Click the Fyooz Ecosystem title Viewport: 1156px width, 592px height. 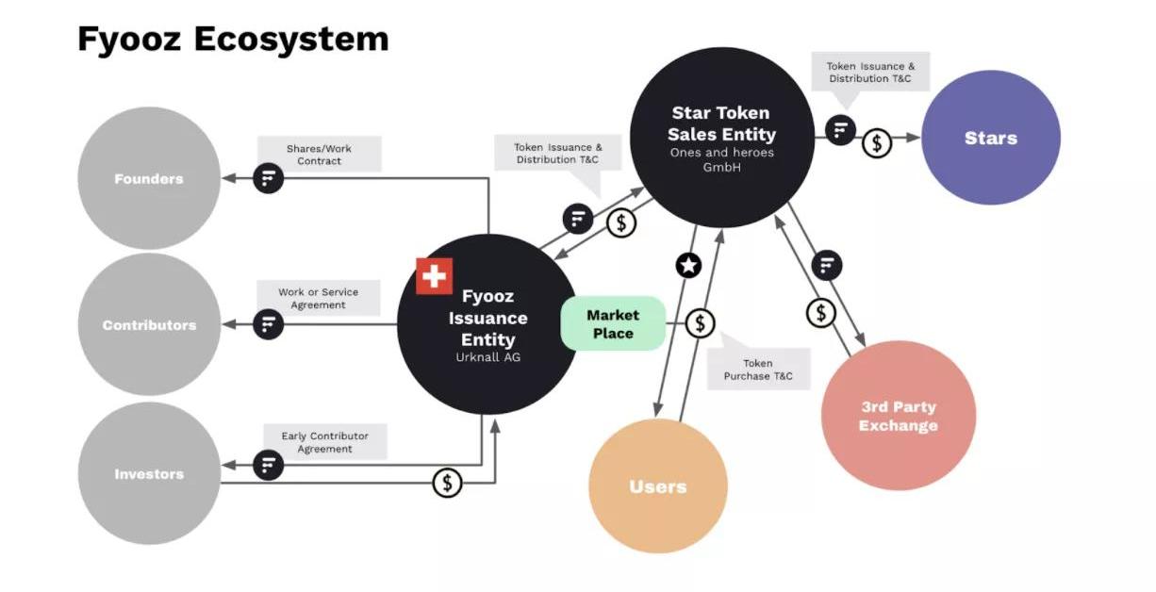232,39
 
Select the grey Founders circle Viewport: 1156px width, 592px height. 149,178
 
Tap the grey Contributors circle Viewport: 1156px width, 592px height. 149,324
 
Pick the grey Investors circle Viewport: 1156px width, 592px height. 149,473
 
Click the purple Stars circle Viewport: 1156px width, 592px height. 990,138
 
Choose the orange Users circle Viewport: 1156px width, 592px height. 657,486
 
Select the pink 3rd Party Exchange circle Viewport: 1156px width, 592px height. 899,416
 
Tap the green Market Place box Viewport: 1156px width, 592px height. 613,324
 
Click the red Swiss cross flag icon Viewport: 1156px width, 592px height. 435,276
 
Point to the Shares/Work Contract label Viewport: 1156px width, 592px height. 319,155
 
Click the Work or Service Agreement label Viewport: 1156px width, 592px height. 318,298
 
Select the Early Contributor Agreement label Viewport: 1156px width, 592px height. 324,442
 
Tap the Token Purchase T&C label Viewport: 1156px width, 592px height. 758,370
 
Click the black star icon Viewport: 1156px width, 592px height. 689,265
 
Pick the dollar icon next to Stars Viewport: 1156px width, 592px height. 877,143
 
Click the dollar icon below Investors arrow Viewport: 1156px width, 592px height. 448,484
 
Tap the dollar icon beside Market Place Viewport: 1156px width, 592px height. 700,324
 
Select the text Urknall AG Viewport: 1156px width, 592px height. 487,358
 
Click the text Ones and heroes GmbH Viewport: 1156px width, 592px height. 721,159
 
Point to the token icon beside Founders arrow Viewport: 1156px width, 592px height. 269,178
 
